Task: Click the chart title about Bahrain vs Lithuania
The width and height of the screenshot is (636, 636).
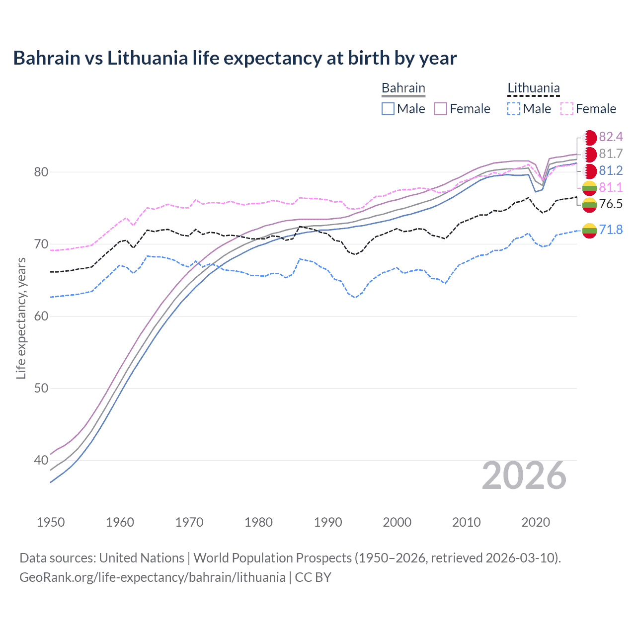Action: [x=235, y=58]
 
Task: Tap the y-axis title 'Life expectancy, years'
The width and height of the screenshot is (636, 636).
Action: [x=21, y=318]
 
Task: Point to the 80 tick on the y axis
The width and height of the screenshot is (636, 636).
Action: [x=41, y=172]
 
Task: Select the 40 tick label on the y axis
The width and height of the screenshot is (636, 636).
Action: [x=41, y=461]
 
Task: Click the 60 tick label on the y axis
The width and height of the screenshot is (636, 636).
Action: [x=41, y=317]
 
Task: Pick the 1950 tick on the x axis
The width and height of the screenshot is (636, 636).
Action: [x=51, y=522]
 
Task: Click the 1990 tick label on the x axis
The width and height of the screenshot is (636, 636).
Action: [x=328, y=522]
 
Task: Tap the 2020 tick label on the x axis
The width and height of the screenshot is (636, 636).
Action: [x=536, y=522]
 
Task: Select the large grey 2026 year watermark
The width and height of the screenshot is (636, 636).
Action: [x=524, y=476]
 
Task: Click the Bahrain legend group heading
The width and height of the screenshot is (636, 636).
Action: [x=403, y=88]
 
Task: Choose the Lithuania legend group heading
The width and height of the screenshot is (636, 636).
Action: [x=533, y=88]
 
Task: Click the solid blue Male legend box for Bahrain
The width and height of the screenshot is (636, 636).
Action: [x=388, y=109]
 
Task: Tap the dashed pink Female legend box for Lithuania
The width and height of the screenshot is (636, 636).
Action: [x=567, y=109]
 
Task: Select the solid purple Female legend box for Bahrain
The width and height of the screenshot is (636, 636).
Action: [x=441, y=109]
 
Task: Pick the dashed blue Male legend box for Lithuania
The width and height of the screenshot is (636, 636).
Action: [x=514, y=109]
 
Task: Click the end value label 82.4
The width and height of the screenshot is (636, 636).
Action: [x=611, y=137]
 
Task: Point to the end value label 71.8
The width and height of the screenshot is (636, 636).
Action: [x=611, y=230]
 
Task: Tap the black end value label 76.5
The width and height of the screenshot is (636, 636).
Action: [x=611, y=204]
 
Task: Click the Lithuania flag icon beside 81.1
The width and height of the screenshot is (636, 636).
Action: [x=589, y=188]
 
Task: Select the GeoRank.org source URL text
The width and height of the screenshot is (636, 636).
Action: [x=152, y=577]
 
